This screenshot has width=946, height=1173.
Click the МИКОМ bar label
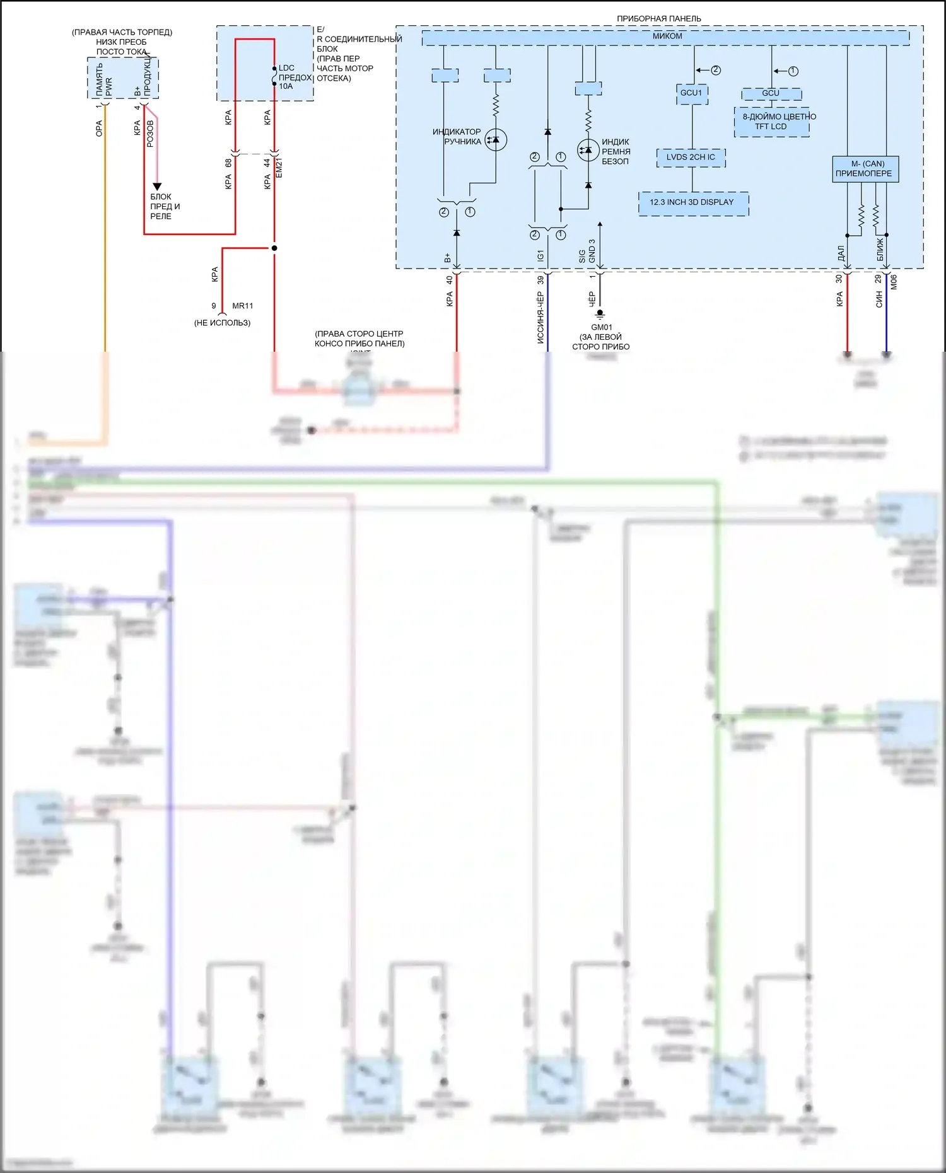(x=667, y=37)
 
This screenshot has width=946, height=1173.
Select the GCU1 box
(x=691, y=93)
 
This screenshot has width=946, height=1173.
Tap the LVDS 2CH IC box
(x=691, y=158)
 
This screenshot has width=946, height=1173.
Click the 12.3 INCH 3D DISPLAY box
(x=692, y=203)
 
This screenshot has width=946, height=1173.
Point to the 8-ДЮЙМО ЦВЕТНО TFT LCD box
(x=772, y=122)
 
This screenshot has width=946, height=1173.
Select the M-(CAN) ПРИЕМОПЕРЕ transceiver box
(x=865, y=169)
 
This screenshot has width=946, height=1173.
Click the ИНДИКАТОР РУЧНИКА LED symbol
(x=496, y=140)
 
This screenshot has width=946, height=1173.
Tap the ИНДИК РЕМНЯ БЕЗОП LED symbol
(x=588, y=150)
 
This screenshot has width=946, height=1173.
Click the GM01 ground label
(x=601, y=327)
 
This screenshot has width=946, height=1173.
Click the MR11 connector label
(x=243, y=306)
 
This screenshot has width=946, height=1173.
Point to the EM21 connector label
(x=279, y=168)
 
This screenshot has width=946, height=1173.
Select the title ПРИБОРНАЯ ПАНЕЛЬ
(x=658, y=19)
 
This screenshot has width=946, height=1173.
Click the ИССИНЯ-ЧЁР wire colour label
(x=540, y=317)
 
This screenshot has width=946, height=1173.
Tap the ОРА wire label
(x=99, y=129)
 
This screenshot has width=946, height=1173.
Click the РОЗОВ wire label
(x=150, y=134)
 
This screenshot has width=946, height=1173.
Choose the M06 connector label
(x=894, y=282)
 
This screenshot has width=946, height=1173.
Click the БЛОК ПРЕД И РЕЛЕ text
(x=165, y=207)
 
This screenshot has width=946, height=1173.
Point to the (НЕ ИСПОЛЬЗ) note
(x=222, y=323)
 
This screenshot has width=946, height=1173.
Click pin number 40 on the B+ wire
(x=450, y=280)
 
